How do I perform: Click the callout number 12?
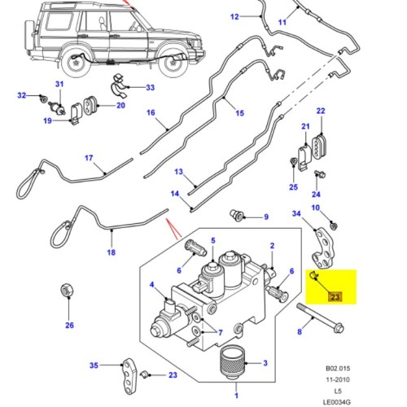(212, 16)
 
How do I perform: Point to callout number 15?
(239, 114)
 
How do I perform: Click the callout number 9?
(265, 217)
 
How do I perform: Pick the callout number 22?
(321, 111)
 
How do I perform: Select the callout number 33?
(150, 87)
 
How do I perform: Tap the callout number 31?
(59, 85)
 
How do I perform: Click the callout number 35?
(94, 365)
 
